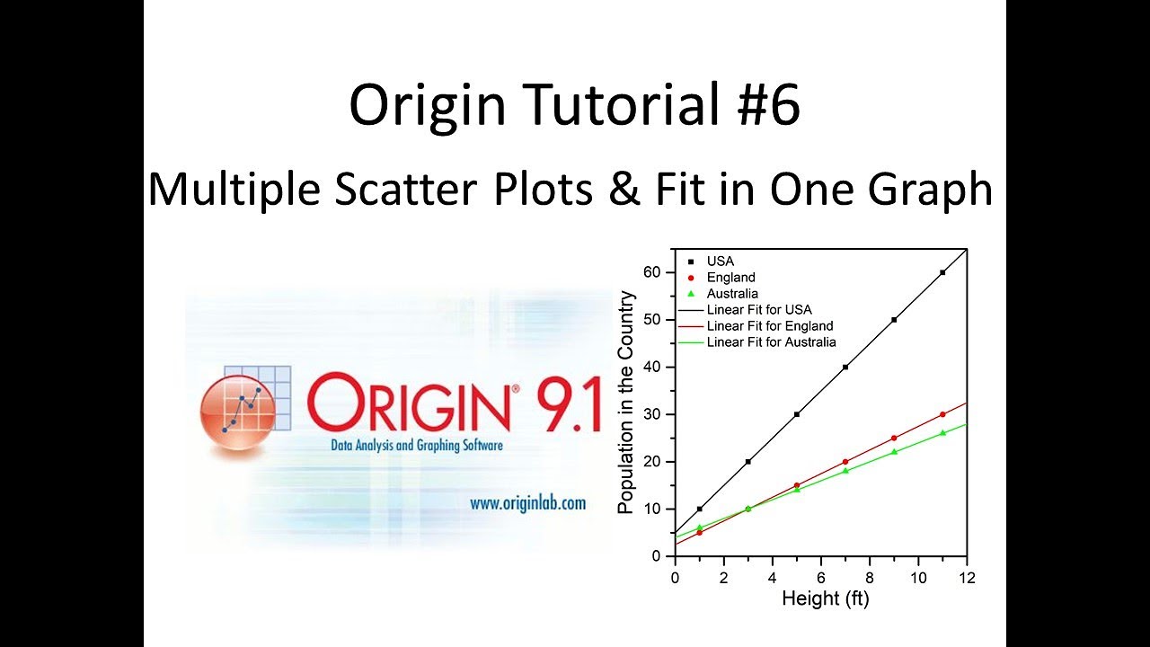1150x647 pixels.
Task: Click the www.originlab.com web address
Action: click(x=527, y=503)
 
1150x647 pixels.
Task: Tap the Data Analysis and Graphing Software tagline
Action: click(x=403, y=446)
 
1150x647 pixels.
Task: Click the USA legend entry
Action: click(x=720, y=261)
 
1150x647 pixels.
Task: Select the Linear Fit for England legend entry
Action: click(x=770, y=325)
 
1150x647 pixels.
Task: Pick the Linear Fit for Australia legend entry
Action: click(x=771, y=341)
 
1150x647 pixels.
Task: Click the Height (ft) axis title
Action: click(x=825, y=598)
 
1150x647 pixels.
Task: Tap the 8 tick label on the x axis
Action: click(x=869, y=576)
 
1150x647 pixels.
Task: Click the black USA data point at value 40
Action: click(x=845, y=367)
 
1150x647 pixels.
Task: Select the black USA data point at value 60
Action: click(x=942, y=272)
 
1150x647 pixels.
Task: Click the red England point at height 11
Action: click(x=942, y=414)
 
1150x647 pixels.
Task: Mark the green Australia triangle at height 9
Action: click(x=894, y=452)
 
